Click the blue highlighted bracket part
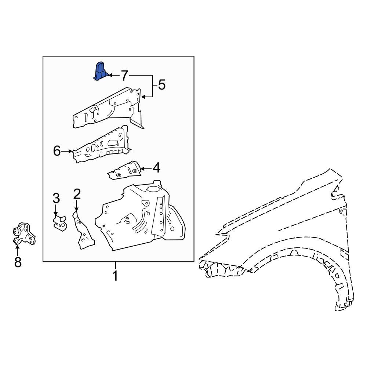[100, 71]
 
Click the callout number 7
[124, 76]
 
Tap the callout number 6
[57, 150]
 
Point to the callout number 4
[156, 168]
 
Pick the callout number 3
[56, 199]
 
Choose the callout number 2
[77, 193]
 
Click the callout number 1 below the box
[115, 275]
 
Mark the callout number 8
[18, 262]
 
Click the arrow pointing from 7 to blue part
[114, 75]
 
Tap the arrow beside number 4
[146, 169]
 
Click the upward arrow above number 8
[17, 250]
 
